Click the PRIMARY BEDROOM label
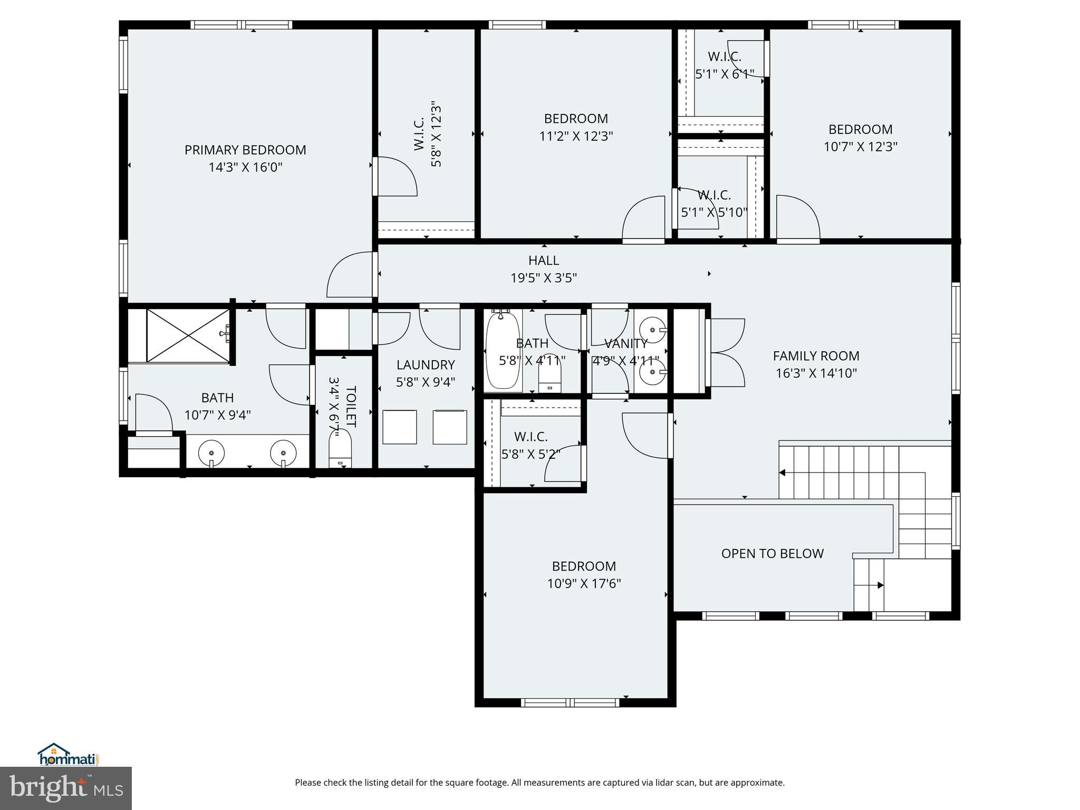[245, 150]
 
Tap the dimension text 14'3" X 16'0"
[245, 168]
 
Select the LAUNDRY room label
[425, 365]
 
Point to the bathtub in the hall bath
[503, 351]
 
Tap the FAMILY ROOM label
[816, 356]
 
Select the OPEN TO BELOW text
[772, 553]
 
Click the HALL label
[543, 261]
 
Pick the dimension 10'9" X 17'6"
[584, 584]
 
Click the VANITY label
[625, 344]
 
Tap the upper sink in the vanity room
[653, 330]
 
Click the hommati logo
[68, 755]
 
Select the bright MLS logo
[66, 788]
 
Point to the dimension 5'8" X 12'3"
[436, 134]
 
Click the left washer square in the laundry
[399, 427]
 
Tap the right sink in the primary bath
[283, 453]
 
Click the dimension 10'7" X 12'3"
[860, 147]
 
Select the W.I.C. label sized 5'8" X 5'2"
[531, 437]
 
